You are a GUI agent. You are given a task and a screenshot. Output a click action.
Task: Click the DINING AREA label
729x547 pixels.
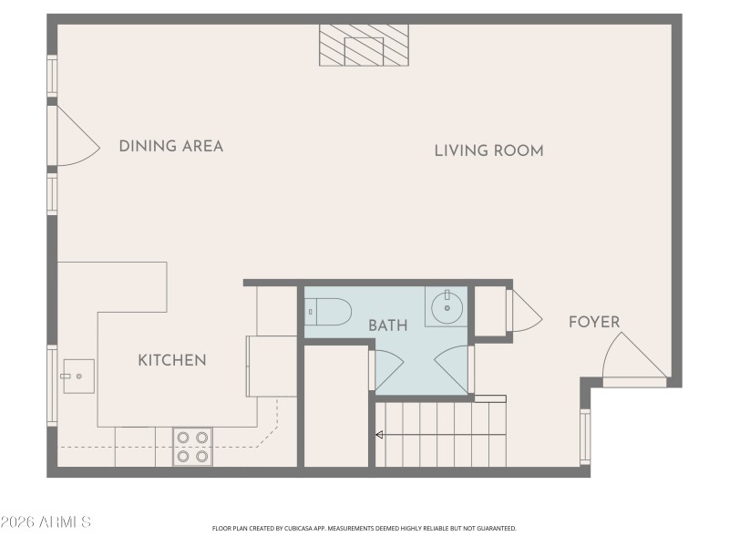click(171, 146)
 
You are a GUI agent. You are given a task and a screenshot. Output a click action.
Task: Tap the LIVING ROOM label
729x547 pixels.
click(488, 150)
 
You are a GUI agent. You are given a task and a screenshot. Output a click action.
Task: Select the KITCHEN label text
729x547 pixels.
click(171, 360)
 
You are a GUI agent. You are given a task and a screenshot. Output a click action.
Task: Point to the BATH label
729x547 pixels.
click(387, 325)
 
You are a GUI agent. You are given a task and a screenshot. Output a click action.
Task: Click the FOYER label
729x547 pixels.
click(594, 322)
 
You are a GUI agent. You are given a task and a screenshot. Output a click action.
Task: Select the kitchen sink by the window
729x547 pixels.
click(77, 373)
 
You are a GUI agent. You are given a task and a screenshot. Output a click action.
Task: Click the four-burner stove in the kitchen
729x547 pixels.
click(192, 447)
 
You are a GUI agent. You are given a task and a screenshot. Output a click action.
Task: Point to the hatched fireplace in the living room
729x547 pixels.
click(364, 44)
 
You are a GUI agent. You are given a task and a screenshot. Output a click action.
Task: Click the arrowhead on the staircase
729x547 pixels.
click(378, 436)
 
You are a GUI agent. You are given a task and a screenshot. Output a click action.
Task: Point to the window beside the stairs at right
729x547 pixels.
click(585, 438)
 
